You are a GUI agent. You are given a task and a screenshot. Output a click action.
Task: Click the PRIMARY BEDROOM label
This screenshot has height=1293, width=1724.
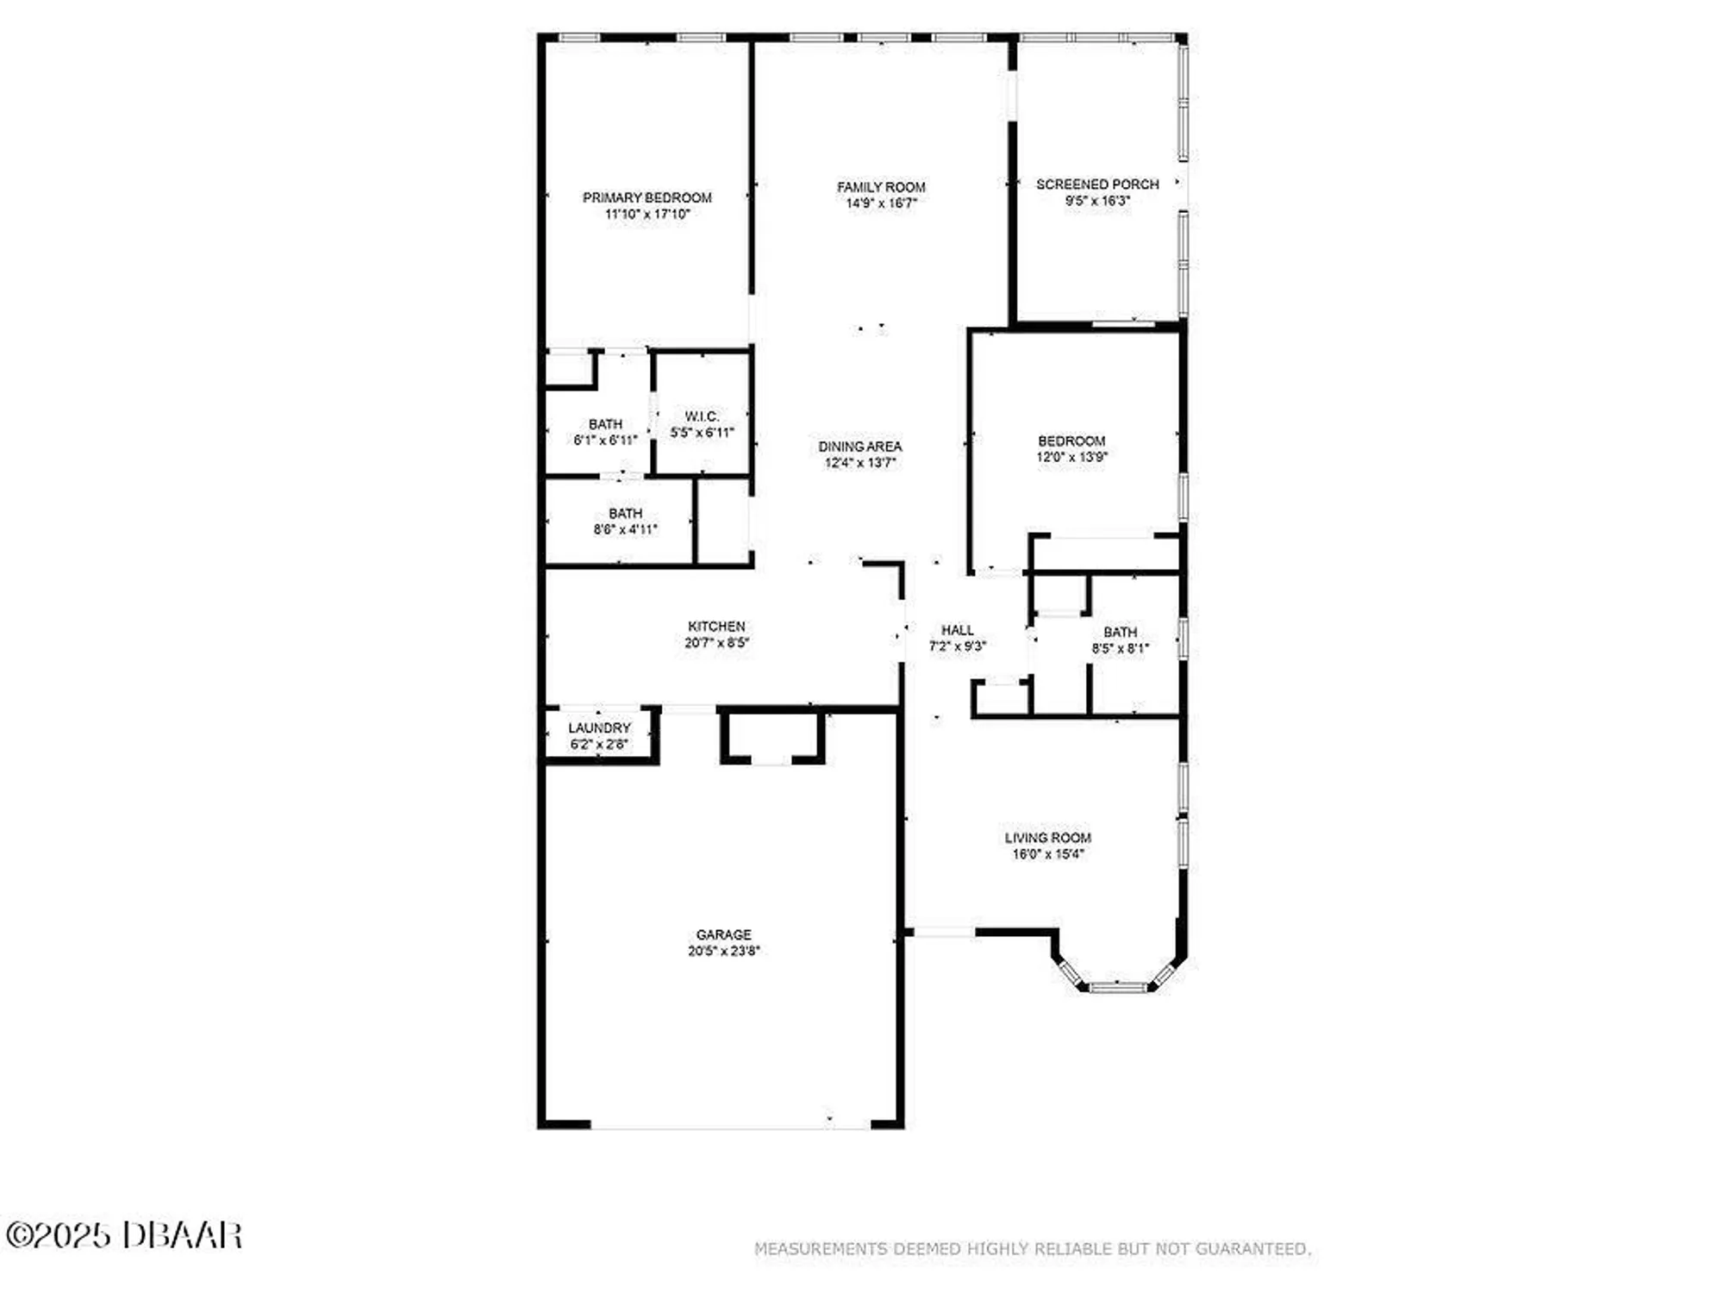point(646,197)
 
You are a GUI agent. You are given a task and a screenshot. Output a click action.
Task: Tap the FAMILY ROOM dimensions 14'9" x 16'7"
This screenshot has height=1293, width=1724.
point(880,203)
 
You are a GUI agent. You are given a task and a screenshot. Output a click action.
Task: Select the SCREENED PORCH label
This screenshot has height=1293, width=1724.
point(1096,184)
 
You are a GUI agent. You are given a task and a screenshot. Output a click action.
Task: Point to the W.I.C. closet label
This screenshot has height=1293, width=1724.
point(702,416)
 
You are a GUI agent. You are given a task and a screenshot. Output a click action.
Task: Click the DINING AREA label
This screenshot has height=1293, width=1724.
point(859,447)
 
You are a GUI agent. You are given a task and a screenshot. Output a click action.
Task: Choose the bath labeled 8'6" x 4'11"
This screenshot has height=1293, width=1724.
point(625,522)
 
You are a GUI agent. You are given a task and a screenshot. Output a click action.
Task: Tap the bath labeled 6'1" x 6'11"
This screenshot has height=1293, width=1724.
point(605,432)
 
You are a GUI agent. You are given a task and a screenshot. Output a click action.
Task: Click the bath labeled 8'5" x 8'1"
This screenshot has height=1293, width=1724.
point(1120,640)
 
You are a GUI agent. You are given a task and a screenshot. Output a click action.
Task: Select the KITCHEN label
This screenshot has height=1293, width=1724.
point(716,627)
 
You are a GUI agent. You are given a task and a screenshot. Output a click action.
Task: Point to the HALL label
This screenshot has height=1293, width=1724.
point(957,630)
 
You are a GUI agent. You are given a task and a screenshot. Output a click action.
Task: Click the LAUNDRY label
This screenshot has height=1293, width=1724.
point(599,728)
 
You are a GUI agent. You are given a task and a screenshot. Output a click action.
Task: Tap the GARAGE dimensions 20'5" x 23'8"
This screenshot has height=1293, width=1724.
point(723,952)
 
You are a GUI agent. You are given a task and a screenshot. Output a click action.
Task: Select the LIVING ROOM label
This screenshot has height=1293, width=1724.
point(1047,838)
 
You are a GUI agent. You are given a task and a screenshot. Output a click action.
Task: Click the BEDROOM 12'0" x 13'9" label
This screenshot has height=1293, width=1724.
point(1071,449)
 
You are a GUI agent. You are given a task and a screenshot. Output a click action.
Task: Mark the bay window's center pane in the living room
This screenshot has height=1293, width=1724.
point(1118,986)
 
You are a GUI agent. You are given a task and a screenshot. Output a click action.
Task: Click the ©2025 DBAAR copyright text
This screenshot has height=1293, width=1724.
point(124,1235)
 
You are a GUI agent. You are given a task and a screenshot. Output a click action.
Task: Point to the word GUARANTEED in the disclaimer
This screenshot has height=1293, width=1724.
point(1265,1249)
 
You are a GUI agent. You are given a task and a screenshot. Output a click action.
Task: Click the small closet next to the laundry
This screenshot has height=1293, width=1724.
point(772,735)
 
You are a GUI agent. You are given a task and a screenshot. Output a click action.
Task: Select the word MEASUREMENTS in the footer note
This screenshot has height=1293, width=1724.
point(820,1249)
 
